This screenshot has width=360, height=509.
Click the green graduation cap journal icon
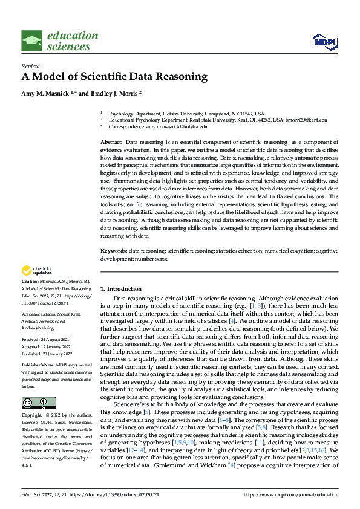point(31,41)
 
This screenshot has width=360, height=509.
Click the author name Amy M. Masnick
point(46,94)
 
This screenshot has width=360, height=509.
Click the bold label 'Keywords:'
point(113,250)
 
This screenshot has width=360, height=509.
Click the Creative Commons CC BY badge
point(38,403)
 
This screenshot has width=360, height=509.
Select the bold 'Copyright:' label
point(31,416)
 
